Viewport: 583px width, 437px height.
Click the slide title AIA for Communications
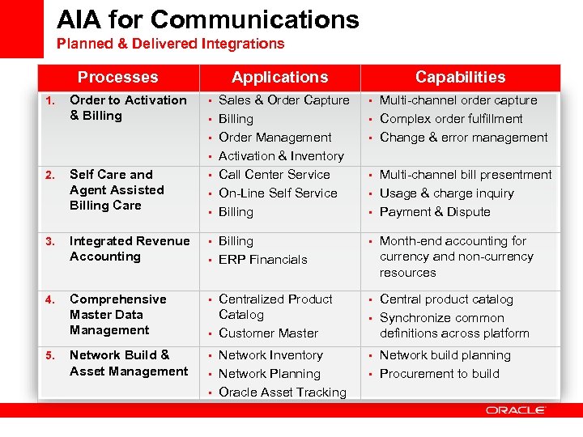(x=208, y=19)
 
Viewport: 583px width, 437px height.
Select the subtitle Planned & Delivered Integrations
(x=170, y=44)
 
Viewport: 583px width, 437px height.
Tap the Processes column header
(x=117, y=78)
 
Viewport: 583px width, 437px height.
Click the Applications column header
(x=279, y=78)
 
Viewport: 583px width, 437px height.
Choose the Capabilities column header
(x=460, y=78)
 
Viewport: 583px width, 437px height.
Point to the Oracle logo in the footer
(x=516, y=410)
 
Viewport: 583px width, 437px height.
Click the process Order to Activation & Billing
(x=128, y=108)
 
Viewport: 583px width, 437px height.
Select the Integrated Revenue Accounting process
(x=129, y=248)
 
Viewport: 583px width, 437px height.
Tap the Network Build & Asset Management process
(x=128, y=363)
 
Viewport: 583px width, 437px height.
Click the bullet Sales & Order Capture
(x=283, y=100)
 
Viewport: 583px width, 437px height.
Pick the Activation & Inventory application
(x=281, y=156)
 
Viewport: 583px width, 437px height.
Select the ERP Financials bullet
(x=262, y=260)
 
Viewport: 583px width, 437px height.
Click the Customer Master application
(x=268, y=333)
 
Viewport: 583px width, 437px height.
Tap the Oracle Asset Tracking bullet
(x=282, y=392)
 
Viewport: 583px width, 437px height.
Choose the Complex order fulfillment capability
(x=451, y=119)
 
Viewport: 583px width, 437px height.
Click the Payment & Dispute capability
(x=435, y=212)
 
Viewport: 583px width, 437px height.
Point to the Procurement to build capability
(x=439, y=374)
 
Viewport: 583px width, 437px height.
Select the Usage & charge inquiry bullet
(x=446, y=193)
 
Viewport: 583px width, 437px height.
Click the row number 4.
(x=49, y=300)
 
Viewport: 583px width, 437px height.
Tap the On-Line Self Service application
(x=278, y=193)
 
